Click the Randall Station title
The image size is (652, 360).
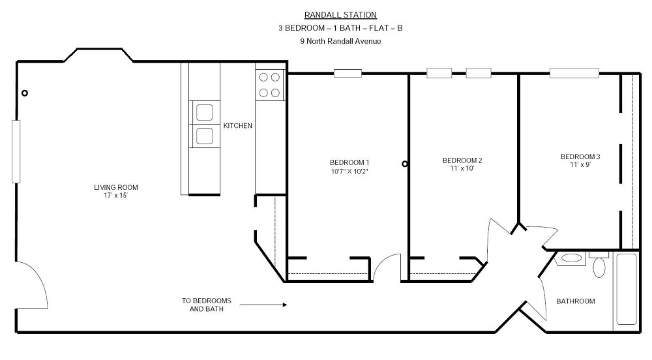coord(340,15)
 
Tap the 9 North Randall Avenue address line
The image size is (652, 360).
coord(340,41)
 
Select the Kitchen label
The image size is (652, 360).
coord(238,125)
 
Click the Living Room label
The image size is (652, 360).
coord(116,187)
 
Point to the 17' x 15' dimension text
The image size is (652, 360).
coord(116,196)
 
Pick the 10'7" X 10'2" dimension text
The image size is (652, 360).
coord(349,172)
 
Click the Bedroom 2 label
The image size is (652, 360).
coord(462,160)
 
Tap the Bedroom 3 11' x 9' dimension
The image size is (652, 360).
coord(580,164)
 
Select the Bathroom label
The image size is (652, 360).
coord(576,301)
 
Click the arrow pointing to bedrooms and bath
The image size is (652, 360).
coord(263,305)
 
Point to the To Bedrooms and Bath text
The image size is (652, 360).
coord(206,305)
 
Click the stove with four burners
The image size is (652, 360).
coord(269,85)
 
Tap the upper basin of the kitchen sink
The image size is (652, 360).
coord(205,113)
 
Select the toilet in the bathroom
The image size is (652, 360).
coord(599,264)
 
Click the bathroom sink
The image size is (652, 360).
coord(571,258)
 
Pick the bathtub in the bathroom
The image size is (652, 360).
coord(627,290)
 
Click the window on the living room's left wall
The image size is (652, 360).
coord(16,152)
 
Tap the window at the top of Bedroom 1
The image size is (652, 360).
coord(348,74)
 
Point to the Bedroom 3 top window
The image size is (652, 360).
coord(574,73)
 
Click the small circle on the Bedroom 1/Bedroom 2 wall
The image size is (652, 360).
coord(405,164)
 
